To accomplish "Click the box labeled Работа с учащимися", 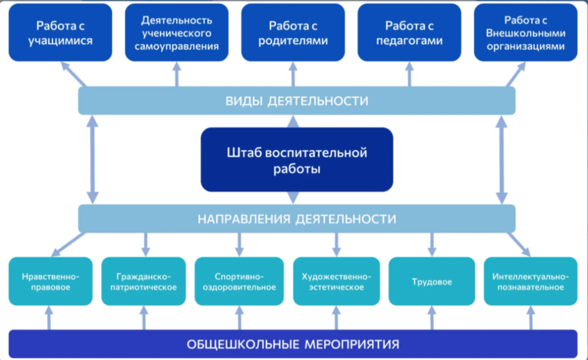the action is pos(60,33).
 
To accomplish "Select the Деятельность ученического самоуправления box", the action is pos(177,33).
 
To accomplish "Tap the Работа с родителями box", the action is pos(293,33).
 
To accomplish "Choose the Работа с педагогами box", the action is pos(409,33).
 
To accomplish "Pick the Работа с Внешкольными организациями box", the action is pos(526,33).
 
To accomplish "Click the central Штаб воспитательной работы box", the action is pos(297,160).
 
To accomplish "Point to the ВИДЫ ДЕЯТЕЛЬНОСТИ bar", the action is pos(297,100).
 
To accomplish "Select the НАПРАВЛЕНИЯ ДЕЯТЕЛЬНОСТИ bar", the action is pos(297,219).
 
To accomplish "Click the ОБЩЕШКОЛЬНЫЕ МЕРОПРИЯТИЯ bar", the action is pos(293,344).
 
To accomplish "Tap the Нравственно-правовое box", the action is pos(51,281).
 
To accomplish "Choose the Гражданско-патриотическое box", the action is pos(144,281).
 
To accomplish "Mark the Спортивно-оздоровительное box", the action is pos(239,281).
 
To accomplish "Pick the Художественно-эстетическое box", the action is pos(336,281).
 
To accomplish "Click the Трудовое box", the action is pos(432,281).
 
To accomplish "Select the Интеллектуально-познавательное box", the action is pos(531,281).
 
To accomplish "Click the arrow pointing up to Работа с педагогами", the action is pos(409,74).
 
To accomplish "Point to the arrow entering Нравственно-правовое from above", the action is pos(68,244).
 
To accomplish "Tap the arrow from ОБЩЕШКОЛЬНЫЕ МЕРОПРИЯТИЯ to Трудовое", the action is pos(432,318).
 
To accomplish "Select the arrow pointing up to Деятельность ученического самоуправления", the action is pos(177,74).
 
